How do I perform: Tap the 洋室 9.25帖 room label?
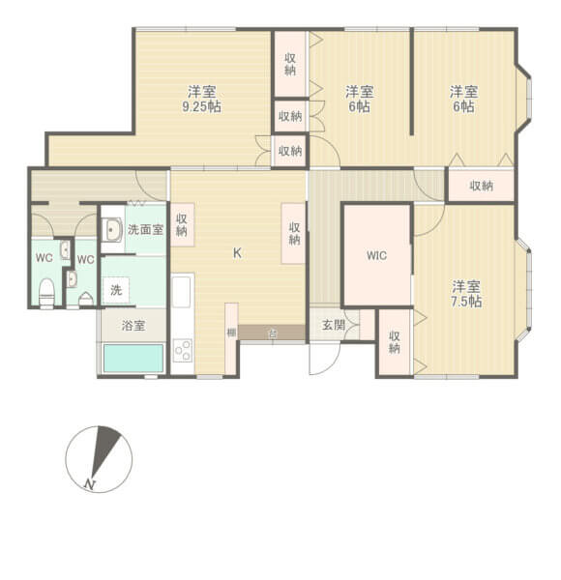point(201,100)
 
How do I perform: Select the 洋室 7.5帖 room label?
point(466,293)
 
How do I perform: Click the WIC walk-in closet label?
point(377,257)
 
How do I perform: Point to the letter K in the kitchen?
point(237,254)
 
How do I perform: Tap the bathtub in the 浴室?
point(133,359)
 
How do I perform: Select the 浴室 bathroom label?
point(133,326)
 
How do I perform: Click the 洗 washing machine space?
point(115,290)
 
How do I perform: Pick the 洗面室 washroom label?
point(145,230)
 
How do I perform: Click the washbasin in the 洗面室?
point(111,230)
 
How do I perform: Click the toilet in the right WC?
point(85,299)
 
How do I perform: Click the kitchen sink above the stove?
point(182,290)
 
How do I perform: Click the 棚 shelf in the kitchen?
point(231,333)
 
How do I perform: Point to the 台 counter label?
point(272,333)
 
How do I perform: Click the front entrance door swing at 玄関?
point(322,361)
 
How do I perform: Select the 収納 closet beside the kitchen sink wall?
point(182,226)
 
